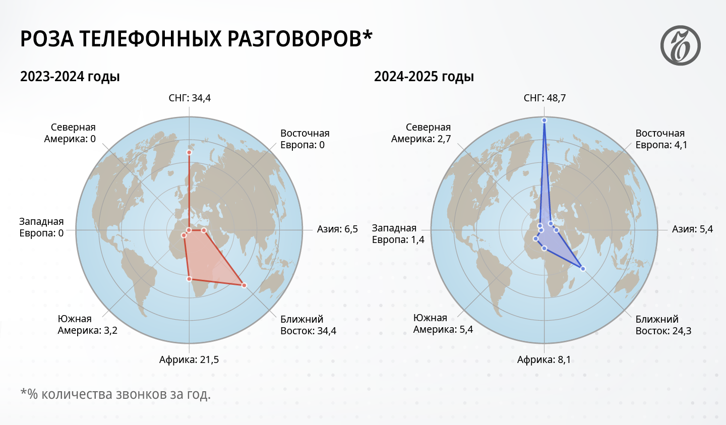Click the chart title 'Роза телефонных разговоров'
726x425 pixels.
point(196,39)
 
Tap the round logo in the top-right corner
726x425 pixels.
point(680,45)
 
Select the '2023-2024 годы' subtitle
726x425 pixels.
point(70,77)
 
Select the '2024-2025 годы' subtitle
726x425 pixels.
point(424,77)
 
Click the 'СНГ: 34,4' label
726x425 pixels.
point(190,98)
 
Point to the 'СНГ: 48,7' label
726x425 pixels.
point(544,98)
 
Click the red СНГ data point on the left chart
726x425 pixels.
point(189,152)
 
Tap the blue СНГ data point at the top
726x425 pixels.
point(544,120)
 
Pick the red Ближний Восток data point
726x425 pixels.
point(244,285)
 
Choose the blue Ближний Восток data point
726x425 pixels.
point(583,269)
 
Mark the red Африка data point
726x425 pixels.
point(190,279)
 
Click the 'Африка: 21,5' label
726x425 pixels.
point(189,359)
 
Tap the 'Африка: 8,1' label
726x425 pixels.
point(544,359)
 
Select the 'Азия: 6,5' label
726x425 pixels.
point(337,229)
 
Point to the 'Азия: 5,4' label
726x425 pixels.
point(692,229)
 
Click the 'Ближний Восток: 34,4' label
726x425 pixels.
point(308,325)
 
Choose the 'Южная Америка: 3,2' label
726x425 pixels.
point(88,325)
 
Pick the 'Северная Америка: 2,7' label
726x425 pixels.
point(421,133)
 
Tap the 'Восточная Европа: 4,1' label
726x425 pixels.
point(661,139)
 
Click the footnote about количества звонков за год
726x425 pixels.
point(115,394)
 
